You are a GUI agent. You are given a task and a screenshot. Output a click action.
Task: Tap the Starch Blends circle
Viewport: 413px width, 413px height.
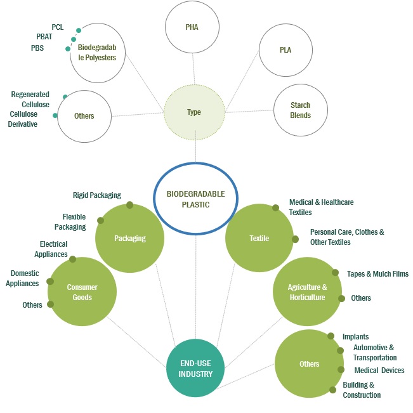point(300,110)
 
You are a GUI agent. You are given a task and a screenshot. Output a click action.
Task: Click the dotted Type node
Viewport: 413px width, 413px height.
point(194,112)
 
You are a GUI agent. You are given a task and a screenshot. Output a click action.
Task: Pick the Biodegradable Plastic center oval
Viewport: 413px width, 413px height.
point(196,197)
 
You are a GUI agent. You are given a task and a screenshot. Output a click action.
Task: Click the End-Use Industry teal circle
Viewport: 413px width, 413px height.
point(195,367)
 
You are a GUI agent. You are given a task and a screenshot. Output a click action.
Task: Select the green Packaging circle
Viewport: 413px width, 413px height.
point(129,239)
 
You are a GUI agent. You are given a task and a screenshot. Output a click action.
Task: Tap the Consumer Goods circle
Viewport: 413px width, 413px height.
point(82,292)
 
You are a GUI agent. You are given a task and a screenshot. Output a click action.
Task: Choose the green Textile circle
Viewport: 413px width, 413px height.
point(259,239)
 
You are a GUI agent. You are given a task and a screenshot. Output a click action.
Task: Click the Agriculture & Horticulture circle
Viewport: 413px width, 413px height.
point(307,292)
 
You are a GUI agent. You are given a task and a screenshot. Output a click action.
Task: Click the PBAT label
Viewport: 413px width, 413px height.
point(44,37)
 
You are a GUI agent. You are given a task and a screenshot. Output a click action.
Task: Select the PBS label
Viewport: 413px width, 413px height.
point(37,48)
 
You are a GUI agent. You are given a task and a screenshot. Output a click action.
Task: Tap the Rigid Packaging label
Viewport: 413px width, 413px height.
point(97,195)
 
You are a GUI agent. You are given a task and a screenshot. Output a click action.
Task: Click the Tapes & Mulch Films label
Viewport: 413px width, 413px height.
point(377,274)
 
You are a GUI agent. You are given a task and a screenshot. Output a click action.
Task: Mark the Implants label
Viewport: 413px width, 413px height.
point(355,337)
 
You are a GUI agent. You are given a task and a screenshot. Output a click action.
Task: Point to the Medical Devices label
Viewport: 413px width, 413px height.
point(379,370)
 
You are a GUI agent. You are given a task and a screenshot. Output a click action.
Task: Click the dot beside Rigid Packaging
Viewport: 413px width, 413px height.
point(129,205)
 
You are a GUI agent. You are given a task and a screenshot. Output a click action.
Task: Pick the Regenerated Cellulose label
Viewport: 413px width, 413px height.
point(30,100)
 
